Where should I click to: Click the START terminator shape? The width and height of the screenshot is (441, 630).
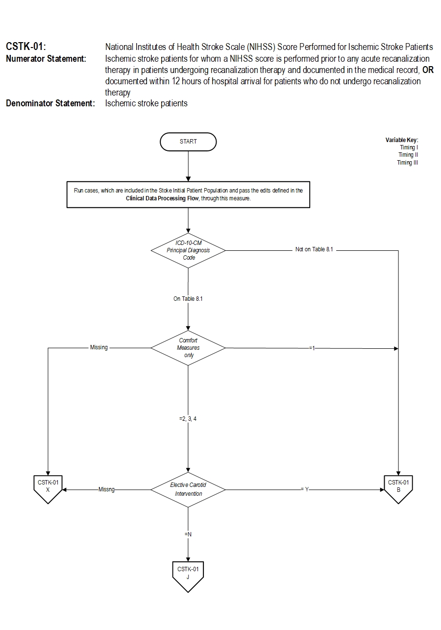click(x=188, y=142)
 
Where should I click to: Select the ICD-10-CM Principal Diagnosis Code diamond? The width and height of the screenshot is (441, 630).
click(x=188, y=250)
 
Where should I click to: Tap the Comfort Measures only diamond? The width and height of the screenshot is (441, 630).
click(x=188, y=348)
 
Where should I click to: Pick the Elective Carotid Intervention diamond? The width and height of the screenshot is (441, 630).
click(x=188, y=489)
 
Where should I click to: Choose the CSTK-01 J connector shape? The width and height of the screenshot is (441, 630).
click(x=188, y=575)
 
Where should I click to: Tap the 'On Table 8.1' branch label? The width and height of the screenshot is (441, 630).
click(x=188, y=299)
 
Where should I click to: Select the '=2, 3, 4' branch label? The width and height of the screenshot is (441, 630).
click(x=188, y=419)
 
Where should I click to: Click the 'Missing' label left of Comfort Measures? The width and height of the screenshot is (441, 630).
click(x=99, y=348)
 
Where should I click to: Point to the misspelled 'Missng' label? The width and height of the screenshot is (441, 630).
click(x=106, y=489)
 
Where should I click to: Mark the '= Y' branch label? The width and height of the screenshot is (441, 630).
click(x=305, y=489)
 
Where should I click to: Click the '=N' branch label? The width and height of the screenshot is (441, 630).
click(x=188, y=534)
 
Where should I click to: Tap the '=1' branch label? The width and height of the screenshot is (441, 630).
click(x=312, y=348)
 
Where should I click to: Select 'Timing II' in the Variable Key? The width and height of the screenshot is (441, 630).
click(x=408, y=155)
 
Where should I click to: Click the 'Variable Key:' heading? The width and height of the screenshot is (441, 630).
click(x=402, y=140)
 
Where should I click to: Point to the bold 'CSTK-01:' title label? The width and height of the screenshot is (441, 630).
click(x=26, y=47)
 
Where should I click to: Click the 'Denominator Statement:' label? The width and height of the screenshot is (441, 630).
click(x=50, y=103)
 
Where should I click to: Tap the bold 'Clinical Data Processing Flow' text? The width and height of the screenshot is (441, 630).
click(x=162, y=198)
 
